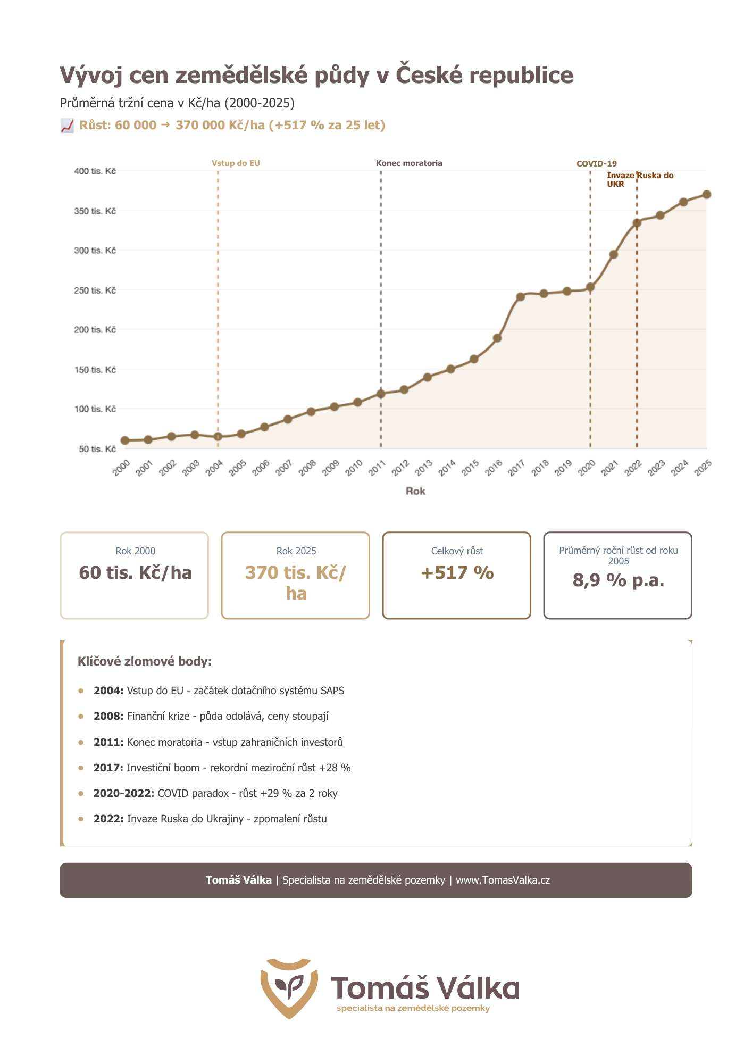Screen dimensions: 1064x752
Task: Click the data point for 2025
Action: (706, 195)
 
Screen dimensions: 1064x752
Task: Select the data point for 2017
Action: (520, 296)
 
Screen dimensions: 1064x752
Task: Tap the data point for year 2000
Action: (125, 440)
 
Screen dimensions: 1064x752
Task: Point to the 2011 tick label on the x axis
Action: (377, 468)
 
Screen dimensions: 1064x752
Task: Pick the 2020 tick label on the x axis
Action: (587, 468)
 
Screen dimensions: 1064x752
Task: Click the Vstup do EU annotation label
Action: (236, 163)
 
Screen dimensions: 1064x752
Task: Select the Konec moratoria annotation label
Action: (409, 163)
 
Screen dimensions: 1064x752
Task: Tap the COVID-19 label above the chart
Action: (597, 164)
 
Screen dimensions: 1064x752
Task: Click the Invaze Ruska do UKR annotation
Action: (640, 180)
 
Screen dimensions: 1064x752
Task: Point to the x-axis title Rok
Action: (415, 491)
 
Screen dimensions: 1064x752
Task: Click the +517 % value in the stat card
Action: (457, 573)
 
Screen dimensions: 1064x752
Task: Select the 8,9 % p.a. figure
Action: (618, 580)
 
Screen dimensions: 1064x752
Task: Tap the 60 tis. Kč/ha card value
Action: (135, 573)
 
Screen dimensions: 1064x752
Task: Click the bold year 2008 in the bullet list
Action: (108, 717)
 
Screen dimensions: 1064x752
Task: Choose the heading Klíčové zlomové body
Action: (145, 662)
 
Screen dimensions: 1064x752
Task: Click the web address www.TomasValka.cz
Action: (503, 880)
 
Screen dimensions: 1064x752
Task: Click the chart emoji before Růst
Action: (67, 126)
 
